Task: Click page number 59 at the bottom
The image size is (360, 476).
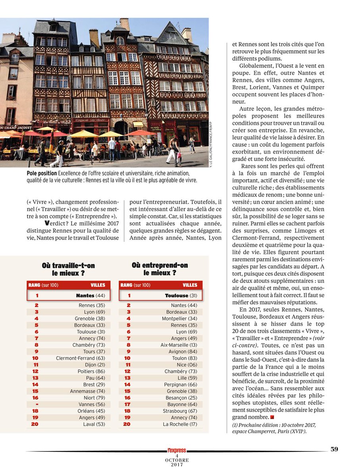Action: click(334, 449)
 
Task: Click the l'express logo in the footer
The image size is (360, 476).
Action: click(177, 451)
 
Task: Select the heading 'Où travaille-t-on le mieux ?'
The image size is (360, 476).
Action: click(68, 269)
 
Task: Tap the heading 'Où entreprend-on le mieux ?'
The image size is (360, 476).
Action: click(160, 269)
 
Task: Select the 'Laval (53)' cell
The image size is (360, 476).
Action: click(95, 424)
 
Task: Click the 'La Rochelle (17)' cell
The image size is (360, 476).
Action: click(180, 424)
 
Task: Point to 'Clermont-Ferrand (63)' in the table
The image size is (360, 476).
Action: click(81, 358)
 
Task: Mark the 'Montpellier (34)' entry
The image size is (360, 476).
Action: click(179, 319)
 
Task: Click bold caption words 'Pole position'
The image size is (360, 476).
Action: click(41, 173)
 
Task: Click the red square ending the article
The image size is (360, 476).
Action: click(272, 417)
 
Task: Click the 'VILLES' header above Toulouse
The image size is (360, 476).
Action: click(190, 285)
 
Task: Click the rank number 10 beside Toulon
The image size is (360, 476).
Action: click(127, 358)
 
